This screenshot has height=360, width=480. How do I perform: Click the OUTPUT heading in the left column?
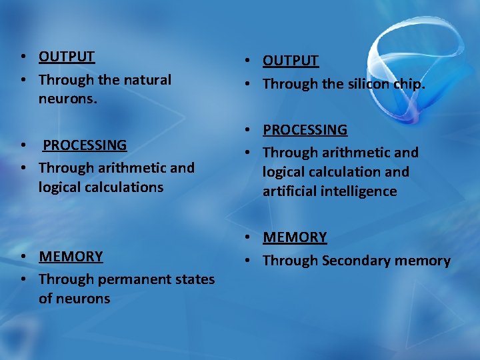67,57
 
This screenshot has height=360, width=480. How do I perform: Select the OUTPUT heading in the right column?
291,61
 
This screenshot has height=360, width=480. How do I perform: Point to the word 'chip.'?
409,84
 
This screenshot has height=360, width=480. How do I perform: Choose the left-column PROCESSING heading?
85,145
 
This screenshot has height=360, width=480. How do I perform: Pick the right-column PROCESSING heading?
305,130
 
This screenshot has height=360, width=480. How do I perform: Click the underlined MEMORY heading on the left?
71,257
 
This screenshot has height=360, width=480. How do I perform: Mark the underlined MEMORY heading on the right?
295,237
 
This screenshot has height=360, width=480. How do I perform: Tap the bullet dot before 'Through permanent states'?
23,280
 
